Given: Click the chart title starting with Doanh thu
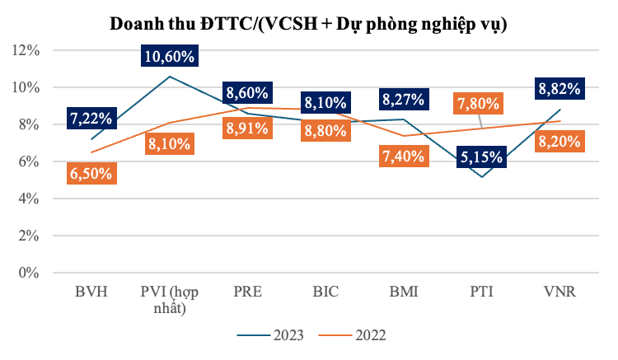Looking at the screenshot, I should click(309, 24).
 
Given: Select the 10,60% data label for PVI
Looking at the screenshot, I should click(169, 57).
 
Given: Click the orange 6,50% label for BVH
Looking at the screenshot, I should click(91, 175).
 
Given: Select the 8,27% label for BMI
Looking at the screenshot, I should click(404, 101).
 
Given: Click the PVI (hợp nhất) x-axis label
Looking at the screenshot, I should click(169, 300).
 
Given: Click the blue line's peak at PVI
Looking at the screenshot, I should click(169, 77).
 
